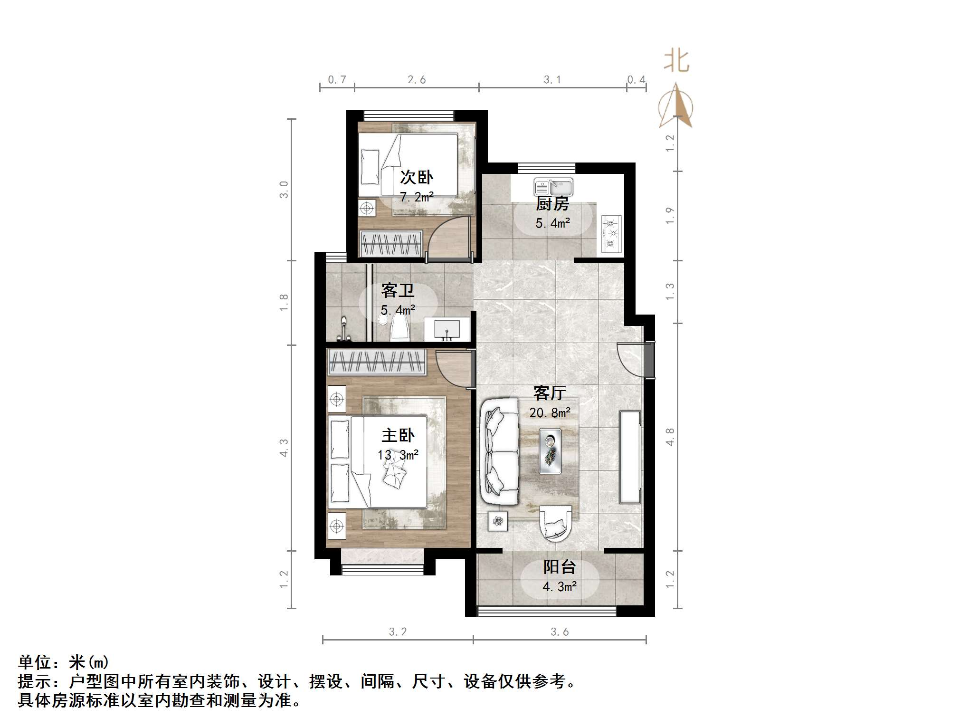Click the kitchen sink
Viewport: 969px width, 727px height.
553,187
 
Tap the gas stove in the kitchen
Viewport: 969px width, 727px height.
611,233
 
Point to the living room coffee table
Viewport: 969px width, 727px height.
550,451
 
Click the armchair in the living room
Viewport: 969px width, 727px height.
556,523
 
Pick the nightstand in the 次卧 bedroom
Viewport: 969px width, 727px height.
366,208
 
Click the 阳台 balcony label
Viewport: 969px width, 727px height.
559,567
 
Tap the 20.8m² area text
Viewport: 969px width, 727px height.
550,412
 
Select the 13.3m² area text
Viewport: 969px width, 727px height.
398,455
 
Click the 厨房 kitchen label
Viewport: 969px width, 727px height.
552,204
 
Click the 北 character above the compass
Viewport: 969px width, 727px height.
676,61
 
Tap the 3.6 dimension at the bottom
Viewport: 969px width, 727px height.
560,631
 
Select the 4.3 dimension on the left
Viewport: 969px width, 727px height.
284,447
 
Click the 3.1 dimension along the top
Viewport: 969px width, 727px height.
552,80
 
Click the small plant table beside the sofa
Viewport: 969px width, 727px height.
498,521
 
